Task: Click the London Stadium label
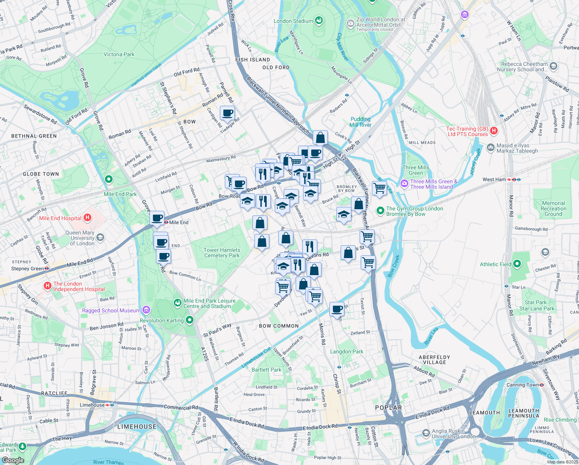point(293,21)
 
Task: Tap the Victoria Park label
point(119,55)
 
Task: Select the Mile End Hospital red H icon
point(87,218)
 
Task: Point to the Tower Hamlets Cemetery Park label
point(222,253)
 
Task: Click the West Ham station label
point(494,179)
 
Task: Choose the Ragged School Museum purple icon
point(146,310)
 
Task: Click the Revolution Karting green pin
point(189,320)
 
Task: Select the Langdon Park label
point(346,352)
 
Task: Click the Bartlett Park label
point(266,370)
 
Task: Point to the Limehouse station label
point(92,405)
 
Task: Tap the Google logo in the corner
point(13,460)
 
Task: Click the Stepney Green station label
point(27,269)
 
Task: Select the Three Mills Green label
point(416,170)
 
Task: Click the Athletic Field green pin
point(517,264)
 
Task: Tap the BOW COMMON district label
point(279,326)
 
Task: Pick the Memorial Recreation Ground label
point(553,208)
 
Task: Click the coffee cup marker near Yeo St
point(337,309)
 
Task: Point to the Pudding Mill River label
point(360,122)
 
